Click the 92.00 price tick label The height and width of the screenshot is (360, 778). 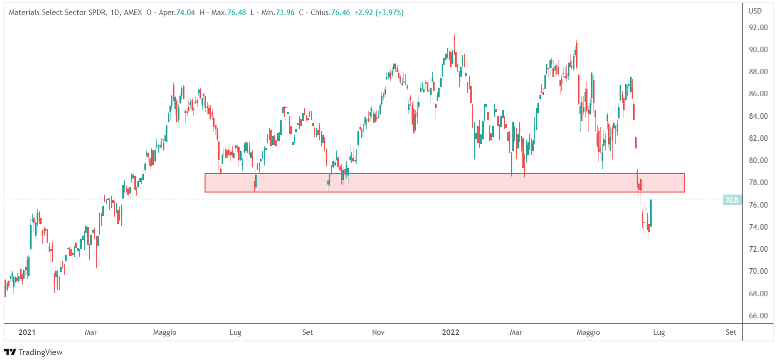(x=758, y=28)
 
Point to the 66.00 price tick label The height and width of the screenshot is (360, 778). (x=758, y=316)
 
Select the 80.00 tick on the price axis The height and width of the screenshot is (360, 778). (x=758, y=160)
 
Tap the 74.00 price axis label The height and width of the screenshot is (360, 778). (x=758, y=227)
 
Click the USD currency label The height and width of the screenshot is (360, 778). (x=755, y=11)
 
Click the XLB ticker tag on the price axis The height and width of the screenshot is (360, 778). (x=732, y=200)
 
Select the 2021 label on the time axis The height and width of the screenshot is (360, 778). (x=27, y=332)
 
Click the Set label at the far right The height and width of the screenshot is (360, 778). (x=731, y=332)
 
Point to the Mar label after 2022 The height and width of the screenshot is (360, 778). (x=516, y=332)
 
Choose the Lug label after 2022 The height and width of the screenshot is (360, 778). (x=659, y=332)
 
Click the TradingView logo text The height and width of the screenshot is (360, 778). (x=40, y=352)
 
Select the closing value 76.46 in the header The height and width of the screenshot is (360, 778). (x=340, y=12)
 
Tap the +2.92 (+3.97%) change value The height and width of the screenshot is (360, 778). (x=378, y=12)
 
